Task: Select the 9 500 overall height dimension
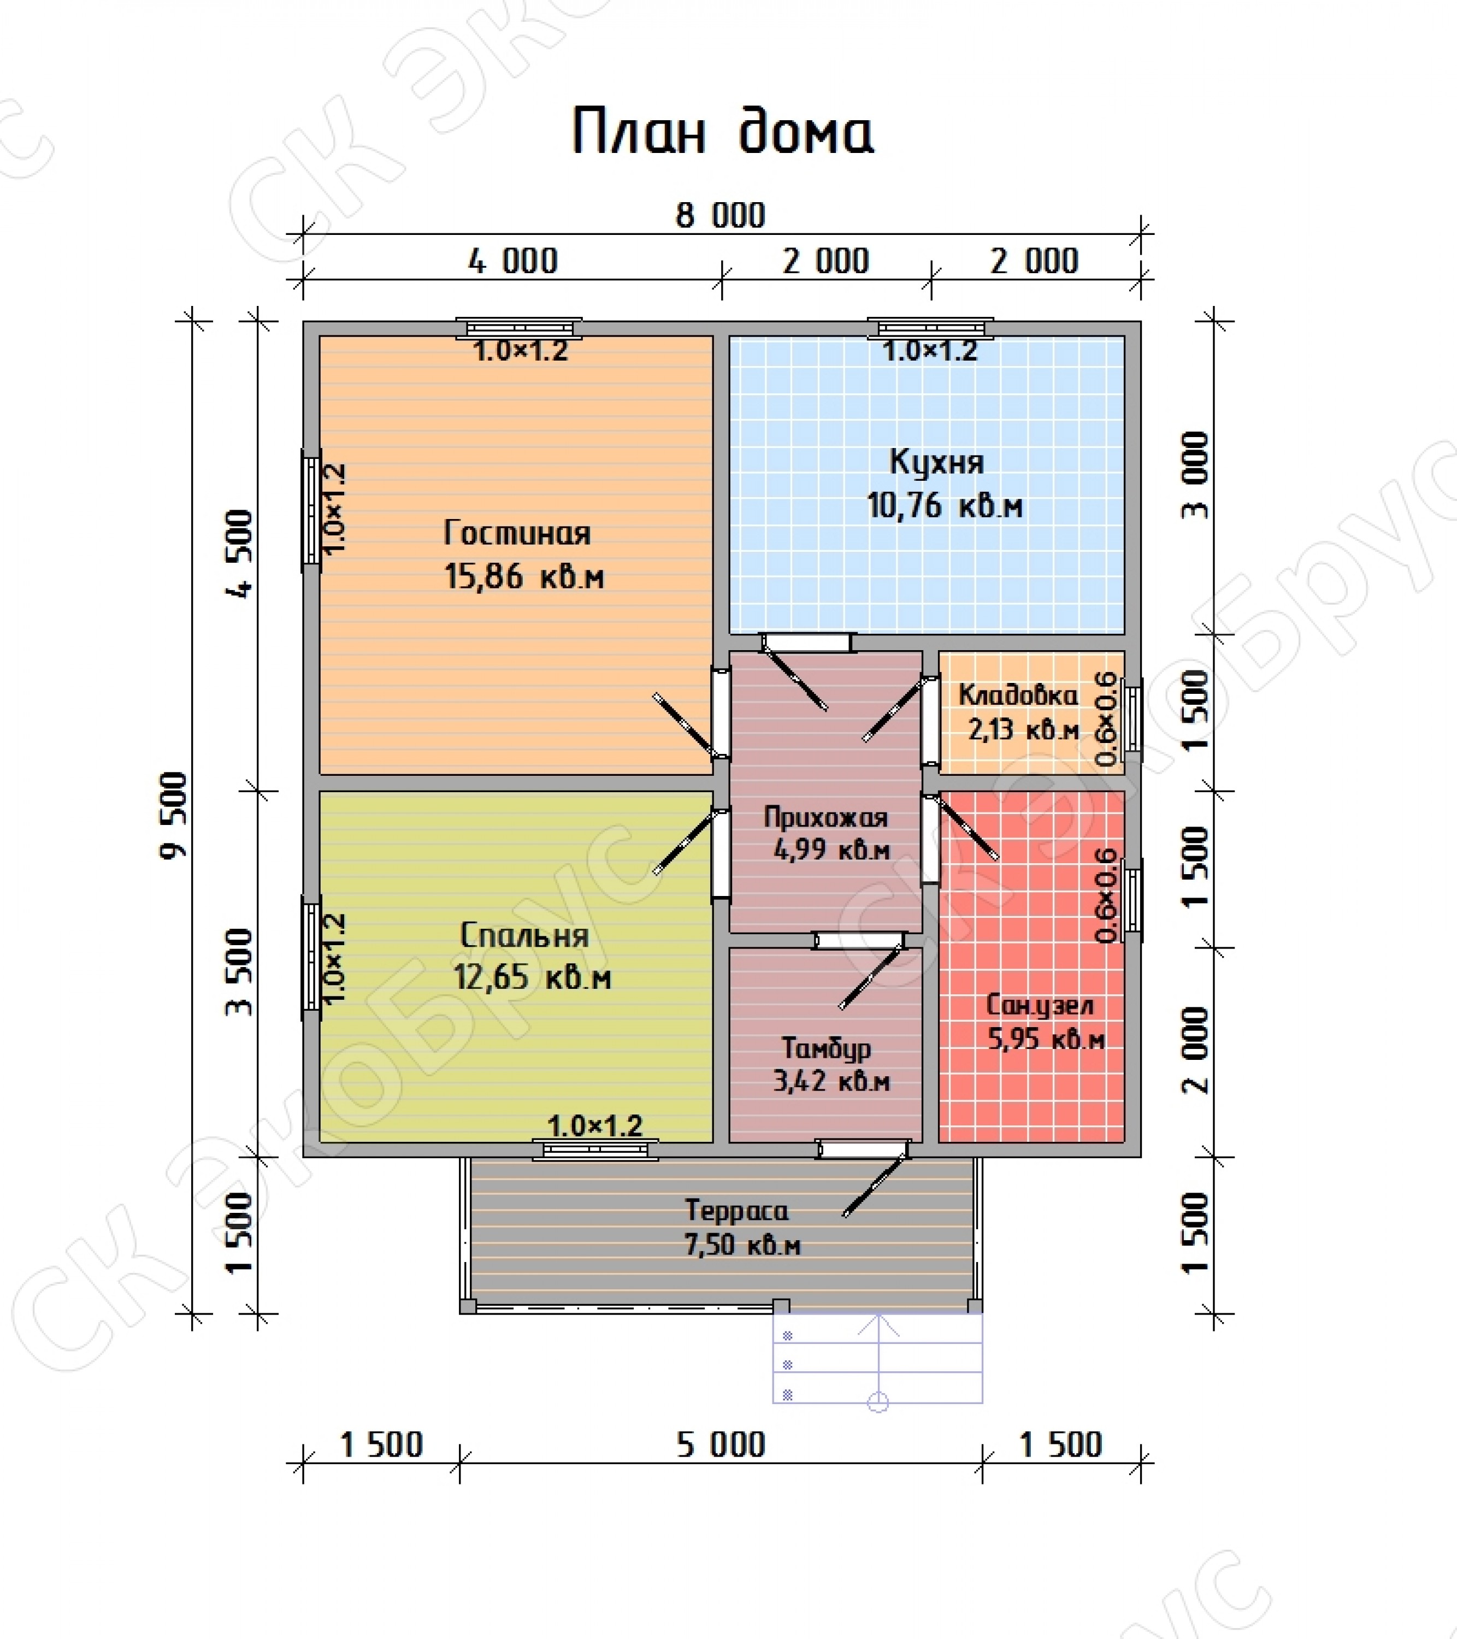174,816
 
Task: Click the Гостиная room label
517,534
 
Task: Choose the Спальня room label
525,936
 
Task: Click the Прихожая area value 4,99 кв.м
831,849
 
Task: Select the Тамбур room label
826,1048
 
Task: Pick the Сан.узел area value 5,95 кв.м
1046,1039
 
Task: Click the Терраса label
737,1211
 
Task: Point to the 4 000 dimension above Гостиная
512,261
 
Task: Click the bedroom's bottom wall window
596,1149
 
